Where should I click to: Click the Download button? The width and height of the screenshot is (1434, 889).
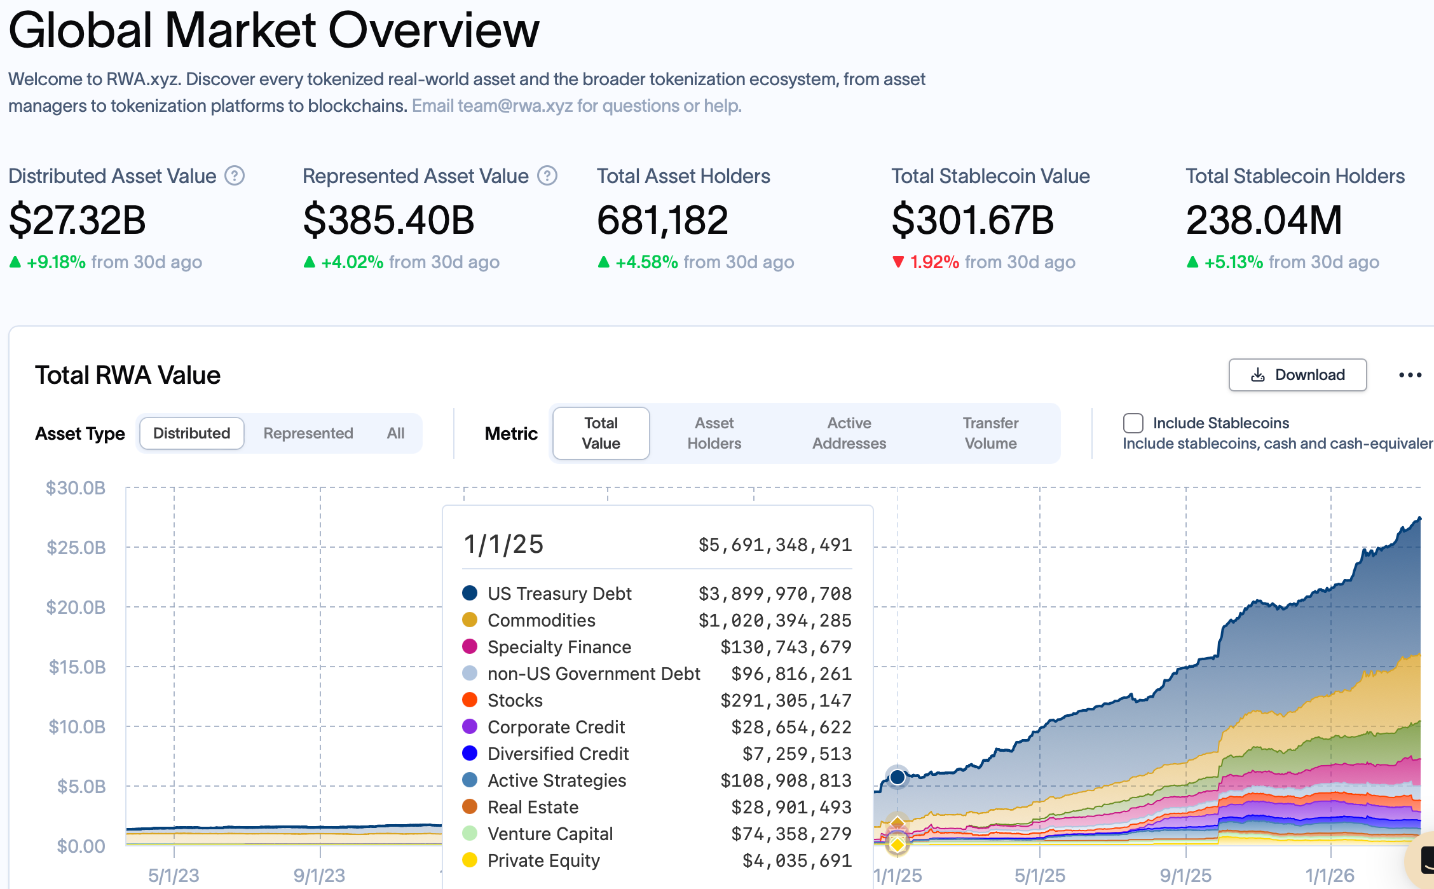[1297, 375]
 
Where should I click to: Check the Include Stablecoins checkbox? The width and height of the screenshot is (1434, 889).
[1133, 423]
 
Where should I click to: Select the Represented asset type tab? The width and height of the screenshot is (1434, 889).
[308, 433]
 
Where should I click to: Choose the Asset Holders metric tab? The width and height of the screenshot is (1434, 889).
[714, 433]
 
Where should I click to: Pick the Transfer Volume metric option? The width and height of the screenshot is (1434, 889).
[990, 433]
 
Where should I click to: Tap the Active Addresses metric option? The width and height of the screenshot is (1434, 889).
[849, 433]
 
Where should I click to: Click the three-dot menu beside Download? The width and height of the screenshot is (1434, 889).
[1410, 375]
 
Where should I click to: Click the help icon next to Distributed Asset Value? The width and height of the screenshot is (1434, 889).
[235, 176]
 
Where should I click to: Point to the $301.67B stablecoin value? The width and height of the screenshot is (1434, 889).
[973, 221]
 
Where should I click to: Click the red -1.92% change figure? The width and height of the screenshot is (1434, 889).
[934, 262]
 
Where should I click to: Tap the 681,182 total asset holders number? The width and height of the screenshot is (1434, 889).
[662, 221]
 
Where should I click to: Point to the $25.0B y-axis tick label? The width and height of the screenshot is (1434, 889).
[76, 547]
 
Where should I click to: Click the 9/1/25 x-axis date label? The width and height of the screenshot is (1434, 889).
[1185, 876]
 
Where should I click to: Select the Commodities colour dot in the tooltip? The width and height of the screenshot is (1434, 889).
[470, 620]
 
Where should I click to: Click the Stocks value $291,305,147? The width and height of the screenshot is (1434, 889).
[786, 700]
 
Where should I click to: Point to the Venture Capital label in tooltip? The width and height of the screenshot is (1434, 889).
[550, 834]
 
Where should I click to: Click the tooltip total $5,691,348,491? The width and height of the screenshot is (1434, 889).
[775, 545]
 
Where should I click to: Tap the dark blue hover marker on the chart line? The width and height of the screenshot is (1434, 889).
[898, 777]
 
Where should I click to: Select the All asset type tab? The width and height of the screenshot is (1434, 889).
[395, 433]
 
